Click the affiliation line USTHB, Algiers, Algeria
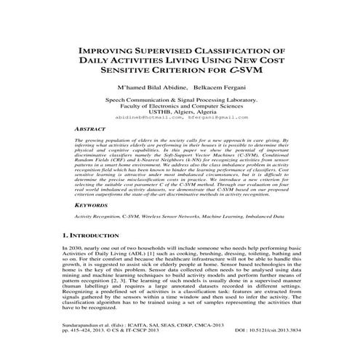click(x=180, y=110)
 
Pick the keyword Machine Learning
click(x=238, y=217)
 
